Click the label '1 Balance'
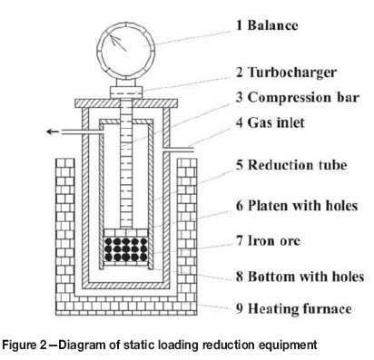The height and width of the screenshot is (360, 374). [x=267, y=25]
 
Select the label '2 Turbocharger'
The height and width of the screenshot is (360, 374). [x=286, y=73]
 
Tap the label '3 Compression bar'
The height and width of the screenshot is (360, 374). [x=298, y=98]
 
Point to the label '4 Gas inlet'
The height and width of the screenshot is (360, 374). [x=271, y=122]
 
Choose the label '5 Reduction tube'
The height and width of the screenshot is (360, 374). [x=291, y=165]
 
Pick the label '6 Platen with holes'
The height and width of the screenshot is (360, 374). [x=297, y=206]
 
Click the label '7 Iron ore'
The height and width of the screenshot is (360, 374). [x=268, y=240]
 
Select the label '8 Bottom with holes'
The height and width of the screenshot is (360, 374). [x=300, y=277]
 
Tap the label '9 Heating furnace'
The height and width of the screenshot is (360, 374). [x=294, y=308]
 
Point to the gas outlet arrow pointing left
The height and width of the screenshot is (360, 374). [x=53, y=131]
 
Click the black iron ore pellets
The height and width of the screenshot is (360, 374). [x=125, y=249]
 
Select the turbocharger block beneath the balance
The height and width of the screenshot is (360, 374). [x=126, y=92]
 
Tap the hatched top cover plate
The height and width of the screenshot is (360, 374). [x=126, y=103]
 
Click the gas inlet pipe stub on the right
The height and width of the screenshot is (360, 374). [x=178, y=150]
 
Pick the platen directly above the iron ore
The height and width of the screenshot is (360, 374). [x=126, y=233]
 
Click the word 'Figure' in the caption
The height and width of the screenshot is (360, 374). [x=19, y=345]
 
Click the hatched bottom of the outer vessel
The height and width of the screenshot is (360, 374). [x=126, y=286]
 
